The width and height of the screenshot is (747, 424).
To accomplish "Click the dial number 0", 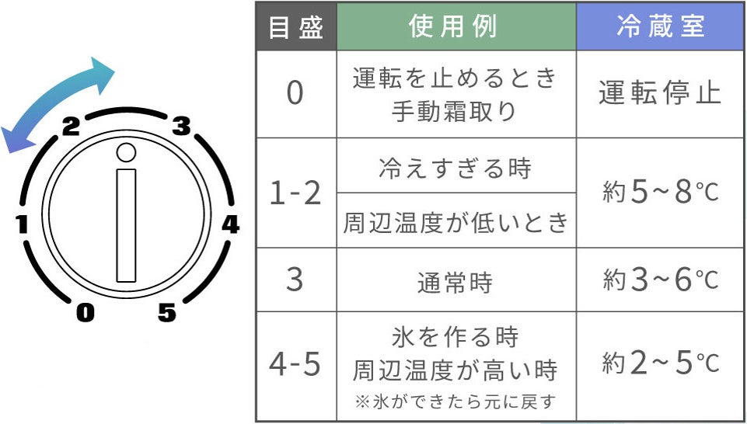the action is [x=85, y=313].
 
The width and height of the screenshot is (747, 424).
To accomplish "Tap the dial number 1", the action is [x=22, y=226].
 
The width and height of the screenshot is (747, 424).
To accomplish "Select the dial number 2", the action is [x=71, y=127].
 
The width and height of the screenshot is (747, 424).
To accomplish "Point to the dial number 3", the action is [x=181, y=126].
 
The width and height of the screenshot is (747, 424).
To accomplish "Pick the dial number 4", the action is [x=230, y=225].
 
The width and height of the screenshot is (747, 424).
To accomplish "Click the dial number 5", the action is [x=166, y=313].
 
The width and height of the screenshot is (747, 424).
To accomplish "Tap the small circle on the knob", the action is [x=127, y=153].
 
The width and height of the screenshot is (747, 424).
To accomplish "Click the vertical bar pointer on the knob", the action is [x=126, y=225].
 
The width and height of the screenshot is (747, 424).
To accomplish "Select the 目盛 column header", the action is [x=295, y=27].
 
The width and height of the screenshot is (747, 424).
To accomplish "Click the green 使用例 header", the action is [x=456, y=27].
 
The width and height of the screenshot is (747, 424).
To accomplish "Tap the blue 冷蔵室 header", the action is [x=660, y=27].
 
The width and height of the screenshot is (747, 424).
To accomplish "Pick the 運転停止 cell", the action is [x=660, y=93].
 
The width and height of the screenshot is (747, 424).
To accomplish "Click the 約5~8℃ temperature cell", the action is [x=660, y=193].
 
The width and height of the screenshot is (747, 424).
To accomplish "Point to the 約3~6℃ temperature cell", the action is [x=660, y=280].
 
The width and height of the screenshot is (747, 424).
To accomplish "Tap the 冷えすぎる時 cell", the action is [x=456, y=168].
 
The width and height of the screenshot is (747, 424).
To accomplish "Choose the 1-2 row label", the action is [x=295, y=193].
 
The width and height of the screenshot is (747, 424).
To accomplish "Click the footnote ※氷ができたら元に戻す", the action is [x=456, y=402].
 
